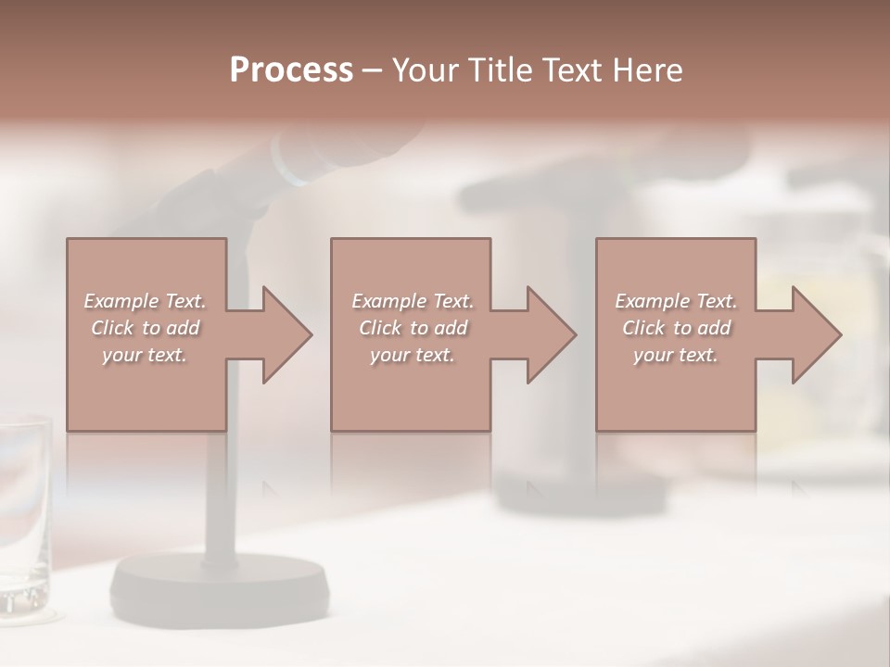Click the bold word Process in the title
[x=291, y=70]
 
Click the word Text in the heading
[x=571, y=70]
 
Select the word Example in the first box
[x=121, y=301]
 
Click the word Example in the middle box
[x=389, y=301]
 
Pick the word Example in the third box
[x=653, y=301]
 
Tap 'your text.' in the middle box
[x=412, y=355]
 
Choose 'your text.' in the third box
[x=676, y=355]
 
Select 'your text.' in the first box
[x=145, y=355]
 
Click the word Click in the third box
[x=643, y=328]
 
